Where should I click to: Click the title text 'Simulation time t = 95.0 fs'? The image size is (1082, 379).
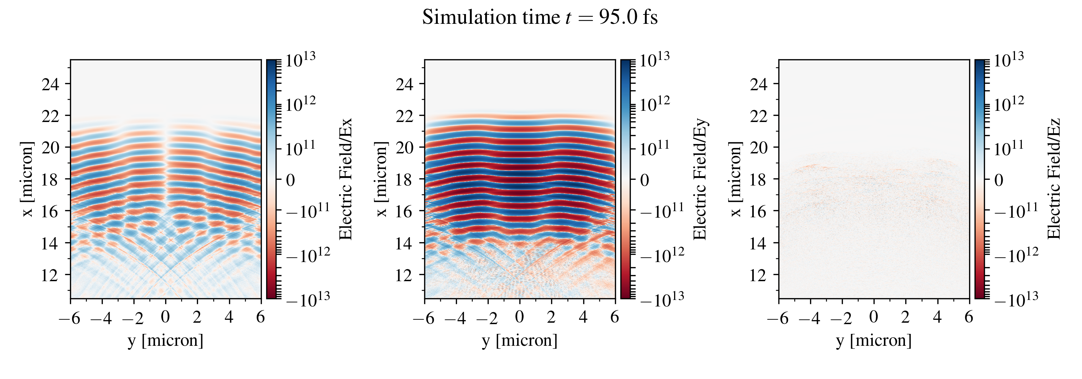pyautogui.click(x=540, y=18)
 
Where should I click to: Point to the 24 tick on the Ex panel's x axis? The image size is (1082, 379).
pyautogui.click(x=50, y=84)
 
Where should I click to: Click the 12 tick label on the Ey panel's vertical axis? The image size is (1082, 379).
pyautogui.click(x=405, y=275)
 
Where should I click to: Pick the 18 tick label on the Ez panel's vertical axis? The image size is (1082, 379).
pyautogui.click(x=758, y=179)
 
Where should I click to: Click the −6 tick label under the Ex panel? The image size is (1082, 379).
pyautogui.click(x=69, y=318)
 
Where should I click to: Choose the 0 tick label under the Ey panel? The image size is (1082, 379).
pyautogui.click(x=520, y=317)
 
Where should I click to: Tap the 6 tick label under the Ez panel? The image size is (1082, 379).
pyautogui.click(x=969, y=317)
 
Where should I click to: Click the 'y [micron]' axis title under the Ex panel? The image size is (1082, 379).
pyautogui.click(x=166, y=340)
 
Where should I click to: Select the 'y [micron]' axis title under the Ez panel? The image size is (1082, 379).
pyautogui.click(x=874, y=340)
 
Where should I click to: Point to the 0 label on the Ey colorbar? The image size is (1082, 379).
pyautogui.click(x=644, y=180)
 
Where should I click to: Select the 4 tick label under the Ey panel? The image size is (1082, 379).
pyautogui.click(x=583, y=317)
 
